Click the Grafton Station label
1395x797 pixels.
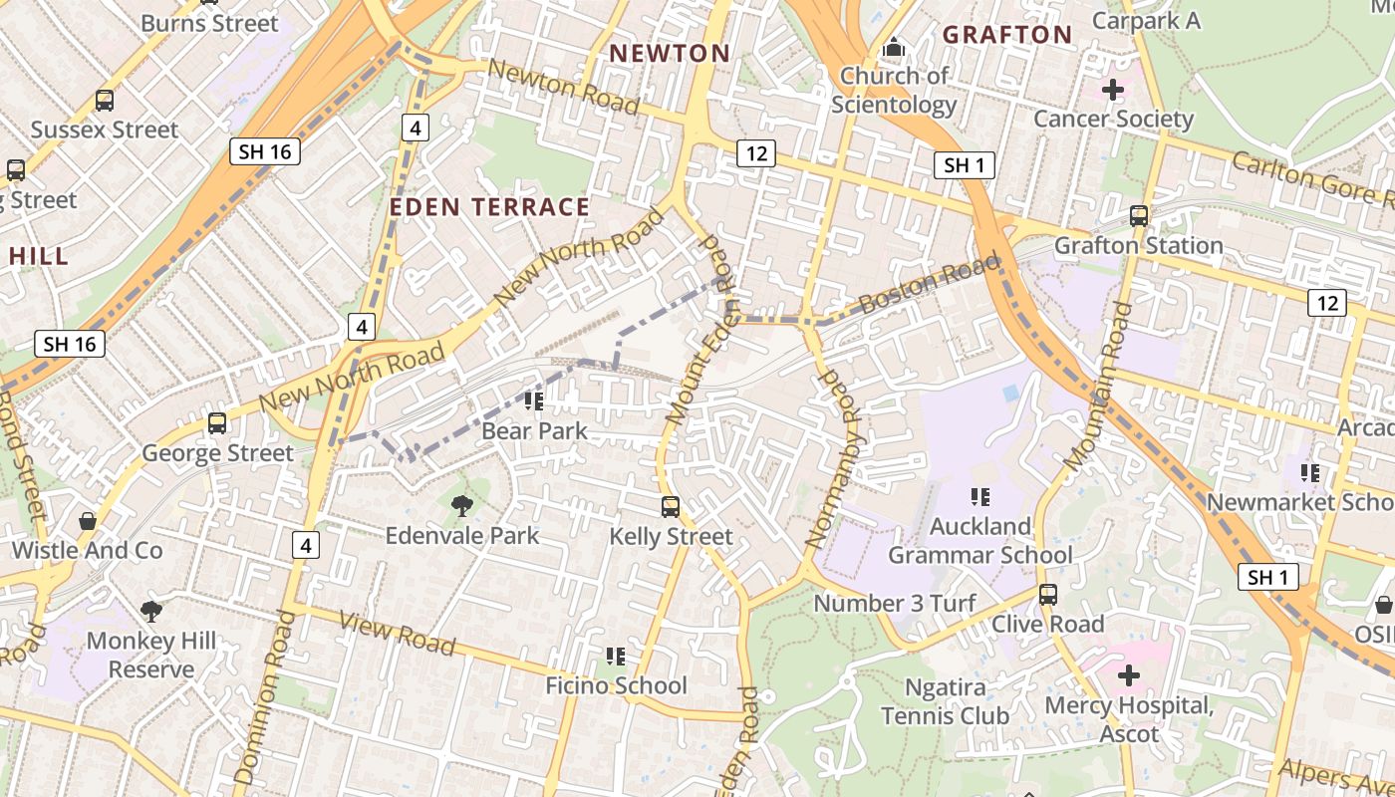point(1138,245)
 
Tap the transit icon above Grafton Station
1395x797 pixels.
point(1138,215)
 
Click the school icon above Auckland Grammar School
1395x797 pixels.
point(980,495)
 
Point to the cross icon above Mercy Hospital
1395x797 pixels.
point(1128,676)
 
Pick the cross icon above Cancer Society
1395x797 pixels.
point(1112,91)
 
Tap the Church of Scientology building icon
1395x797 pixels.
point(894,48)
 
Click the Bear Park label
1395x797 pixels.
point(534,431)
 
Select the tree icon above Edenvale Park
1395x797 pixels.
point(461,506)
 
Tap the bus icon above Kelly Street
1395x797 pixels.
point(671,507)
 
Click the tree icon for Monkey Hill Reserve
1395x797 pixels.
point(150,611)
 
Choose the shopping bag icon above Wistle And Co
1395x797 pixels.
point(88,521)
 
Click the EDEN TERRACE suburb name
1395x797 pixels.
point(489,207)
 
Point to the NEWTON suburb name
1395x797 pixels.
point(670,54)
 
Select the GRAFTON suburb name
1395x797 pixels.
point(1006,35)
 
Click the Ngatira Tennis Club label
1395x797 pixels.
point(945,701)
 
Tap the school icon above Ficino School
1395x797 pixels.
point(616,656)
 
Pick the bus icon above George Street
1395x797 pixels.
point(217,423)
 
